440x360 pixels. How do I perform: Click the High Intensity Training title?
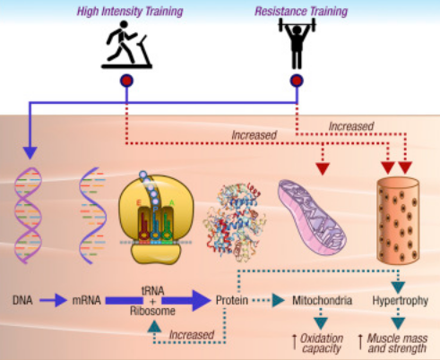coord(130,12)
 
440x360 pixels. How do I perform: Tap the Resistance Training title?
coord(301,12)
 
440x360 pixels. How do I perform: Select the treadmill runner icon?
coord(126,45)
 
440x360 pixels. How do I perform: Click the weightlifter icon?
coord(297,43)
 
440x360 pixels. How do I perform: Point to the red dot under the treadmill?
coord(126,81)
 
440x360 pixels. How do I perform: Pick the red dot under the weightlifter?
coord(297,81)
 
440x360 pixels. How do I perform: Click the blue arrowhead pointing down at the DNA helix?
coord(30,152)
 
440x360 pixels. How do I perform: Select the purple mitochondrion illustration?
coord(312,217)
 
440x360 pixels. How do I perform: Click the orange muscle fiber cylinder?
coord(398,221)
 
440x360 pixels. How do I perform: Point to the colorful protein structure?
coord(235,222)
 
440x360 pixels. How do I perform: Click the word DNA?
coord(22,300)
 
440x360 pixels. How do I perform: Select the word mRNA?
coord(87,300)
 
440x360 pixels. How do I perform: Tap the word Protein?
coord(232,300)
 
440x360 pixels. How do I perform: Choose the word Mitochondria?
coord(322,300)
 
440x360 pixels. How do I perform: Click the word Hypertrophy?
coord(401,301)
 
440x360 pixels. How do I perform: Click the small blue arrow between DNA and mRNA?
coord(54,300)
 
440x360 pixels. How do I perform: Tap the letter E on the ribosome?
coord(139,203)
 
